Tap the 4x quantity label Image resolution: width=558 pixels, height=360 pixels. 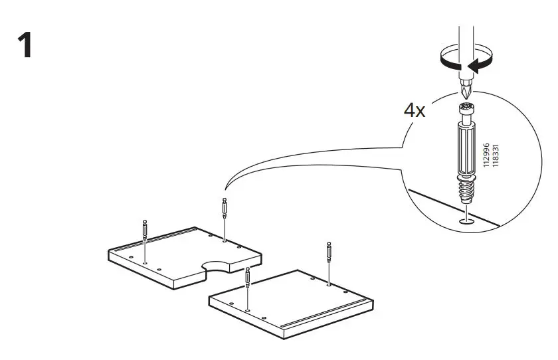[415, 110]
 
